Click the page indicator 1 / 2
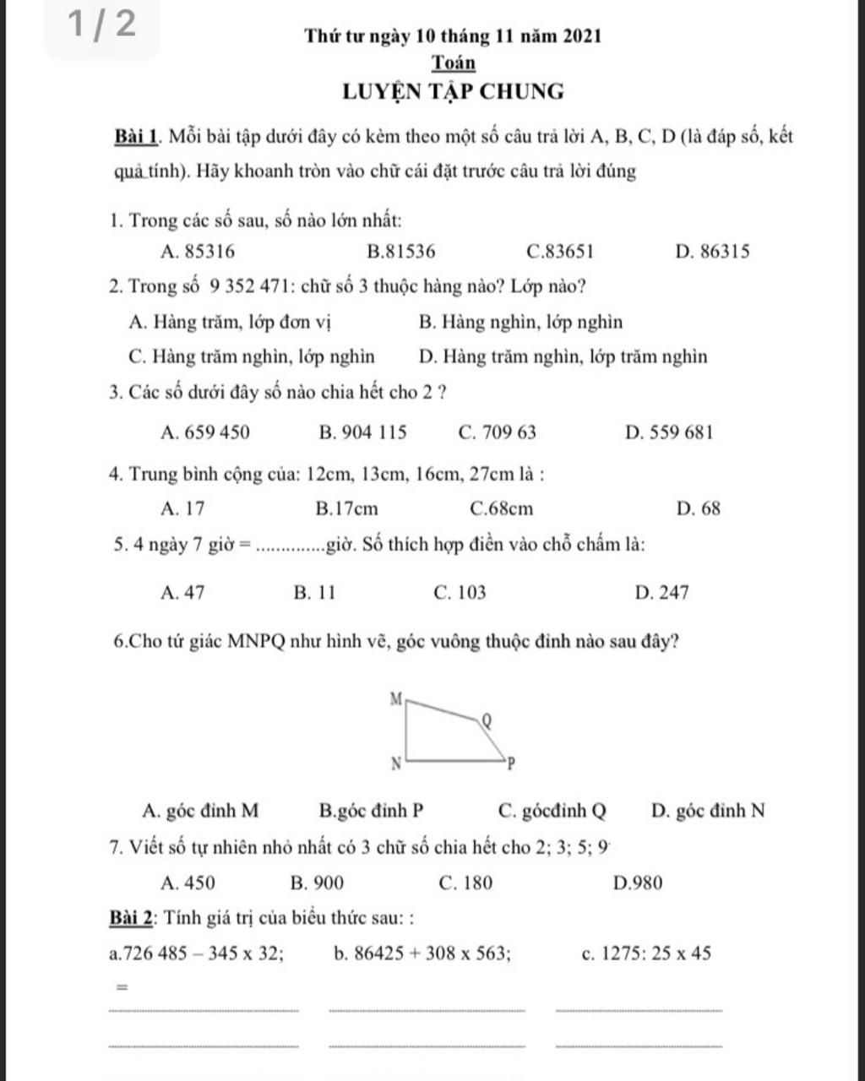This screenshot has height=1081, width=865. [101, 25]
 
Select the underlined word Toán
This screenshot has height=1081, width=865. [454, 63]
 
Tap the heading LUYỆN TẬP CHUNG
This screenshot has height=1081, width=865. [453, 91]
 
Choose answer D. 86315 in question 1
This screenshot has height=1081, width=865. [712, 252]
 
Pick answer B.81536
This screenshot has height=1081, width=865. [402, 252]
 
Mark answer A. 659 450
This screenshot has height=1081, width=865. [204, 433]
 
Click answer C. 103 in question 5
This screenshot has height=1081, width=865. [459, 593]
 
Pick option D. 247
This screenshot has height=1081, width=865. [661, 593]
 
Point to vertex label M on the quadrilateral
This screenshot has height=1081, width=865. [394, 698]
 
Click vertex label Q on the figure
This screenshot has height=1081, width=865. [485, 720]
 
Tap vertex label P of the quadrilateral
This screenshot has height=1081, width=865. [509, 765]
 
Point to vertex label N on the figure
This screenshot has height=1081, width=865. [394, 764]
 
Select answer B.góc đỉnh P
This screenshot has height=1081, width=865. [372, 812]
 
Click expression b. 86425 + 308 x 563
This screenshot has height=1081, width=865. [422, 953]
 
